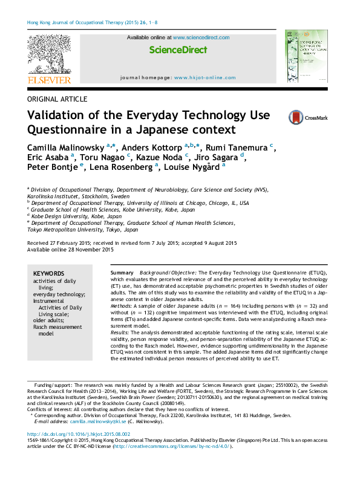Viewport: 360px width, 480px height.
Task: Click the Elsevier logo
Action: tap(49, 60)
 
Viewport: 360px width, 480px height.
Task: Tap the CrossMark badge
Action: tap(290, 118)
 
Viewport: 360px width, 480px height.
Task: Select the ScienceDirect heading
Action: tap(174, 50)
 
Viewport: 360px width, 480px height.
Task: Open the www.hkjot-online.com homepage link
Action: tap(205, 78)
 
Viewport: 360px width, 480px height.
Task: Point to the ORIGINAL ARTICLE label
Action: tap(57, 99)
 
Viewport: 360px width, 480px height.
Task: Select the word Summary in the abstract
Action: tap(123, 273)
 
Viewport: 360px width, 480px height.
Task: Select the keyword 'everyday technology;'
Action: tap(59, 294)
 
